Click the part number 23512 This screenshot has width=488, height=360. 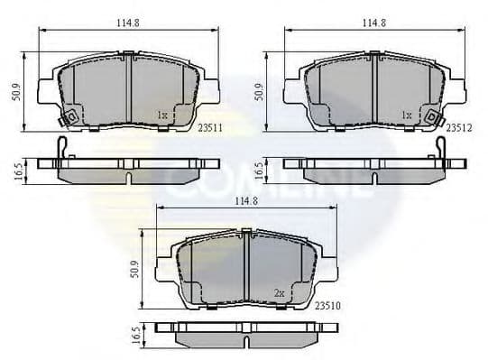[458, 129]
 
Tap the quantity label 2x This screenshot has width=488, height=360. [279, 293]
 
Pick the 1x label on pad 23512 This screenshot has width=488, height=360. [407, 115]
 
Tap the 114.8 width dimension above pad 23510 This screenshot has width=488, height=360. [245, 200]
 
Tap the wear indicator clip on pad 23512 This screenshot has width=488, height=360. [434, 117]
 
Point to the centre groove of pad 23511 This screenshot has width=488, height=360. [130, 90]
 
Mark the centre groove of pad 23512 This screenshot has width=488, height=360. [373, 90]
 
